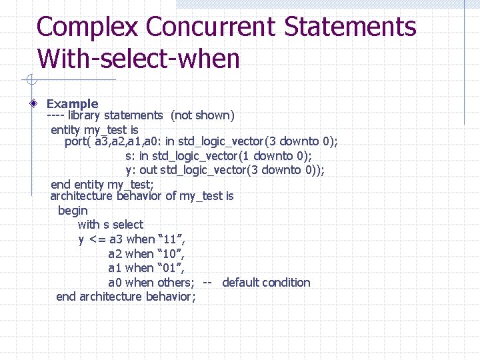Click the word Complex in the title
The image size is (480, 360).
pyautogui.click(x=87, y=28)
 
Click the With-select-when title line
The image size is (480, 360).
pyautogui.click(x=139, y=59)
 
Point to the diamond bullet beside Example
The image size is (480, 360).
pyautogui.click(x=34, y=104)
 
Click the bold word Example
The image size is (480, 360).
pyautogui.click(x=72, y=104)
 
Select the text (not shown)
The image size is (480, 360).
pyautogui.click(x=203, y=115)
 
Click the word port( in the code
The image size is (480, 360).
pyautogui.click(x=78, y=141)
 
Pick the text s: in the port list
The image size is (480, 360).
pyautogui.click(x=131, y=156)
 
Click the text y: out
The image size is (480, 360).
pyautogui.click(x=141, y=170)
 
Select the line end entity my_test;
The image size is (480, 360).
pyautogui.click(x=102, y=184)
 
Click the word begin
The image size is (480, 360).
pyautogui.click(x=73, y=211)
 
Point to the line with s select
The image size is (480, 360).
pyautogui.click(x=110, y=225)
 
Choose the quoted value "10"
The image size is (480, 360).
pyautogui.click(x=171, y=254)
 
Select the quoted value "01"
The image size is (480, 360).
pyautogui.click(x=171, y=268)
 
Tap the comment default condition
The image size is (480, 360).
pyautogui.click(x=266, y=283)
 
